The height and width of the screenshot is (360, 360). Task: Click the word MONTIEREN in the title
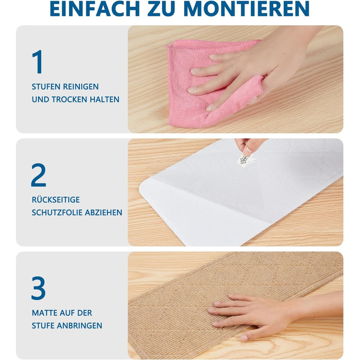pos(246,9)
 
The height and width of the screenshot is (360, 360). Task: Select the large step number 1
pos(38,62)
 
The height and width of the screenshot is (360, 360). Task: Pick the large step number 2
pos(39,175)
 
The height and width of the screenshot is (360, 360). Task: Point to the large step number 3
pos(39,288)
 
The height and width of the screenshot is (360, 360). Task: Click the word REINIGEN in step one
pos(81,86)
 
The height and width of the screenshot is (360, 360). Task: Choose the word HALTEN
pos(104,99)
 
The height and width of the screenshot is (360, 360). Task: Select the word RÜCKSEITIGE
pos(56,200)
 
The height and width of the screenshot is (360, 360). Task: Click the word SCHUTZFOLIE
pos(57,212)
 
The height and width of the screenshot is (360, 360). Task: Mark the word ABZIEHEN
pos(103,212)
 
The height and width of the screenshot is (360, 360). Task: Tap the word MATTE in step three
pos(45,313)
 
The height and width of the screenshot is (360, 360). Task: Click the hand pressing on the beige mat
pos(264,315)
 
